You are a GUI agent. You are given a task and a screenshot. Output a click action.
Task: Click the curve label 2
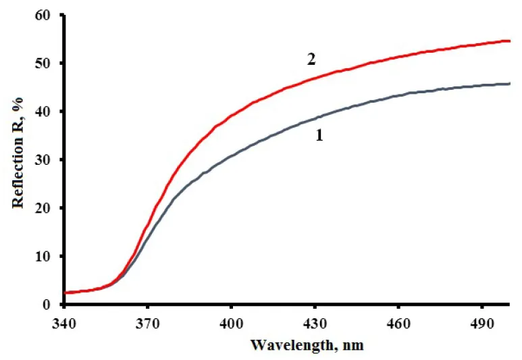311,59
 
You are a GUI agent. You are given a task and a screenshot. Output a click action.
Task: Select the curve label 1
319,135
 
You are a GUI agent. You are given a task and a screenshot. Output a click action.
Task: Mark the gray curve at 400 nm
232,156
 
